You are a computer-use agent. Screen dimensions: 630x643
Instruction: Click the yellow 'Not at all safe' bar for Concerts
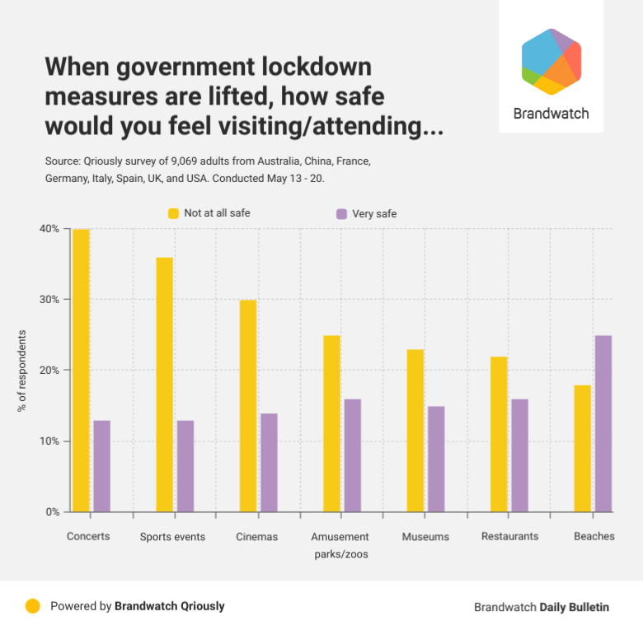(81, 371)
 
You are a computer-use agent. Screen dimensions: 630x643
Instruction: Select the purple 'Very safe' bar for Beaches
(603, 423)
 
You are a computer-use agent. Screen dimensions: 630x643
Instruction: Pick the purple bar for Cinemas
(269, 462)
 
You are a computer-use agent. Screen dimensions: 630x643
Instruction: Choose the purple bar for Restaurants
(519, 455)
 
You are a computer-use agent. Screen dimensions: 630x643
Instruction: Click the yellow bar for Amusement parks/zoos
(331, 423)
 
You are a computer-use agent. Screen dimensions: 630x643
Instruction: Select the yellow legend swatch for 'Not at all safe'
(173, 213)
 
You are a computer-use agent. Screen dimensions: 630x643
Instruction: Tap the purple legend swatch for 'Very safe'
(341, 214)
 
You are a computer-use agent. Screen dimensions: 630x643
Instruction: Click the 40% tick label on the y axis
(49, 229)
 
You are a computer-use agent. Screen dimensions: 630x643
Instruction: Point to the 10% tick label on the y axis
(49, 441)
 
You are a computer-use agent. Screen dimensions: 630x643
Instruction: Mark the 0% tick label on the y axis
(51, 512)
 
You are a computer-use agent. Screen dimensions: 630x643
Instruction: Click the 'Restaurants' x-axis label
(510, 536)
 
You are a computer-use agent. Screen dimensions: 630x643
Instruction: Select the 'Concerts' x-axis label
(88, 537)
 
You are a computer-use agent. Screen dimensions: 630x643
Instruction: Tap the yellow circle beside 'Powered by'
(32, 606)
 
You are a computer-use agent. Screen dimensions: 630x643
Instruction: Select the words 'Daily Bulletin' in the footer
(574, 607)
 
